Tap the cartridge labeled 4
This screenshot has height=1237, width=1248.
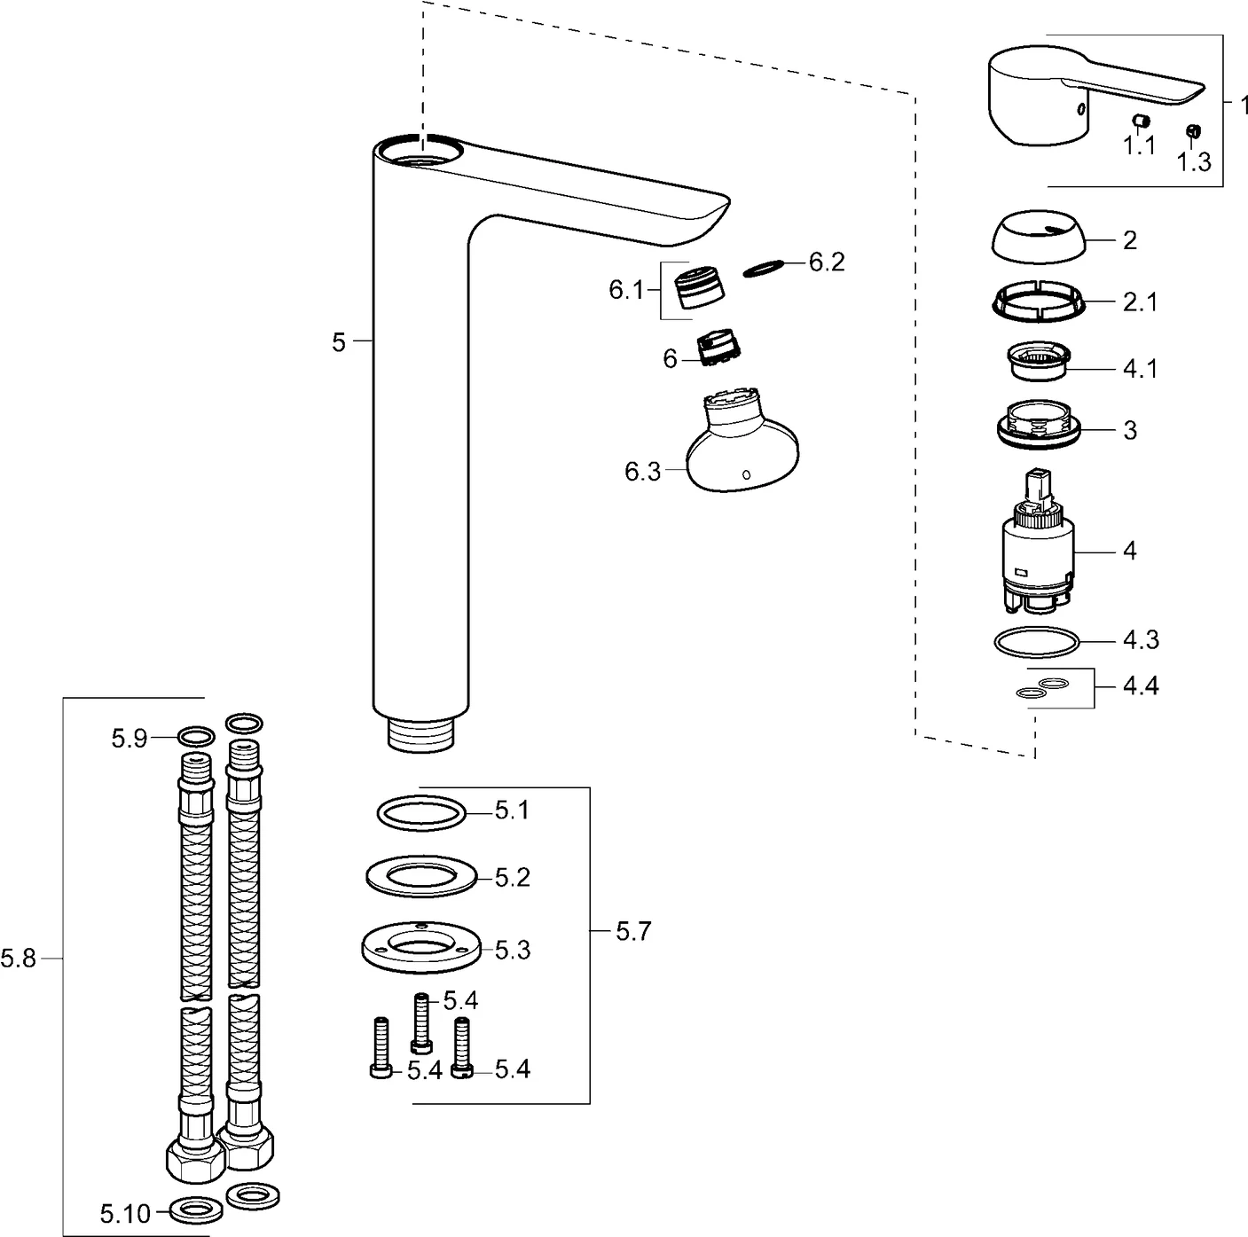point(1036,550)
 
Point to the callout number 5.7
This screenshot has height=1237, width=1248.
point(633,931)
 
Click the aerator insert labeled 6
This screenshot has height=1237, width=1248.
point(721,348)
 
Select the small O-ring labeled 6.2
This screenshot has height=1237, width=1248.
point(765,267)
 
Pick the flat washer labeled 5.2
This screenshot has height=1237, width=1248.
point(421,876)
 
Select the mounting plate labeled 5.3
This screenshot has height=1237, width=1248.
point(421,950)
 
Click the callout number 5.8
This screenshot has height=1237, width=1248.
point(19,959)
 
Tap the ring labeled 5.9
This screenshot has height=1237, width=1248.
point(196,736)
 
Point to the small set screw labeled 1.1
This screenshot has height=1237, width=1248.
point(1142,121)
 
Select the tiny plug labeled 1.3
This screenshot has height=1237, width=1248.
point(1193,131)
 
